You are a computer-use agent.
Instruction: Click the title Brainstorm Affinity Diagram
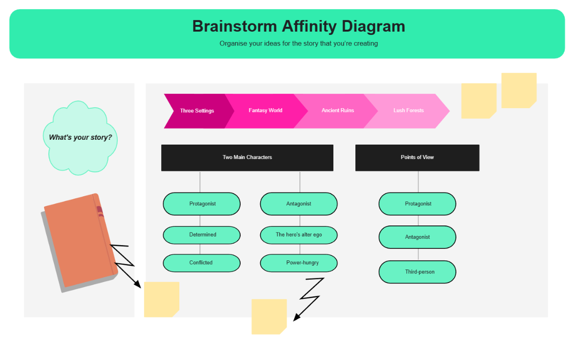tap(298, 26)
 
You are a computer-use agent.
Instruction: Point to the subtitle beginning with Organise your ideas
tap(298, 44)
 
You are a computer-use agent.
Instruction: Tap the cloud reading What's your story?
tap(80, 137)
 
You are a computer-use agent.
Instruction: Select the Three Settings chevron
tap(197, 111)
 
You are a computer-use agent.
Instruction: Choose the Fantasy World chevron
tap(265, 111)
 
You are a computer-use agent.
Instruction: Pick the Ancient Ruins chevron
tap(338, 111)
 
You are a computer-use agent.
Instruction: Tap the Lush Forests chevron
tap(408, 111)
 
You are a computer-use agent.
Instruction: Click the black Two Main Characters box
tap(247, 157)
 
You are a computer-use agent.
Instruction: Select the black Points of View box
tap(417, 157)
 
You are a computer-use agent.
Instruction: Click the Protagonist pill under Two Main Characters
tap(202, 204)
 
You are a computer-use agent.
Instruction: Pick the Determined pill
tap(202, 235)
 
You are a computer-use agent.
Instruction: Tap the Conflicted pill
tap(202, 263)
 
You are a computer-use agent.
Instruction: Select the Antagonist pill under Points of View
tap(417, 237)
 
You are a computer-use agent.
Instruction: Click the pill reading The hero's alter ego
tap(298, 235)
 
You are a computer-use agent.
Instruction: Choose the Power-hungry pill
tap(298, 263)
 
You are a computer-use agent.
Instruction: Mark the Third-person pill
tap(417, 272)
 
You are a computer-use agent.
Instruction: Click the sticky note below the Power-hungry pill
tap(269, 316)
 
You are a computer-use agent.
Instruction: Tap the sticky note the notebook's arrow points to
tap(161, 299)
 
